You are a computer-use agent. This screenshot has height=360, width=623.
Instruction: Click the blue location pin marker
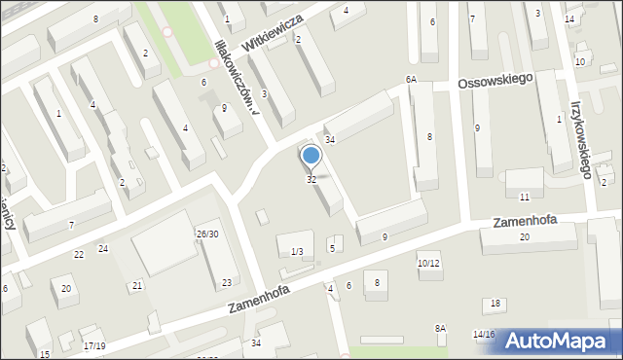pos(311,157)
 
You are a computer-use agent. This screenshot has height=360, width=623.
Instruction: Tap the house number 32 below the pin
pos(311,180)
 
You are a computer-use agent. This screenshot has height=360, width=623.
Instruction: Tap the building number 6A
pos(411,80)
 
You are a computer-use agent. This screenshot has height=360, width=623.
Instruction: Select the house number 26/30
pos(206,234)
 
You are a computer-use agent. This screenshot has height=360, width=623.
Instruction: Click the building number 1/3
pos(297,252)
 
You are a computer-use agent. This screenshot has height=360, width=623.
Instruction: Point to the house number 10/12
pos(428,264)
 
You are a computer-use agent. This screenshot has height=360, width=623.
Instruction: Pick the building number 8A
pos(440,329)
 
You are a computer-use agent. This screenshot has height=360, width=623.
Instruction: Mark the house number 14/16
pos(484,335)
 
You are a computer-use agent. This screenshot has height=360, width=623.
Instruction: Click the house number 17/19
pos(94,346)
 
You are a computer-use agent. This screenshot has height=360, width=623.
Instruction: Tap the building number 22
pos(79,254)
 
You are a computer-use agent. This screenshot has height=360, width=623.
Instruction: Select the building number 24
pos(102,249)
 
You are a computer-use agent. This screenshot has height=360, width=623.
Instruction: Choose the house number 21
pos(137,285)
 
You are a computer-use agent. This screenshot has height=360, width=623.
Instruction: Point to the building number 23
pos(227,283)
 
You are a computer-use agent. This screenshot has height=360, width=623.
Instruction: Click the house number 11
pos(524,198)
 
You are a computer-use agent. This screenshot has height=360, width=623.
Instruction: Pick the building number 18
pos(495,305)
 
